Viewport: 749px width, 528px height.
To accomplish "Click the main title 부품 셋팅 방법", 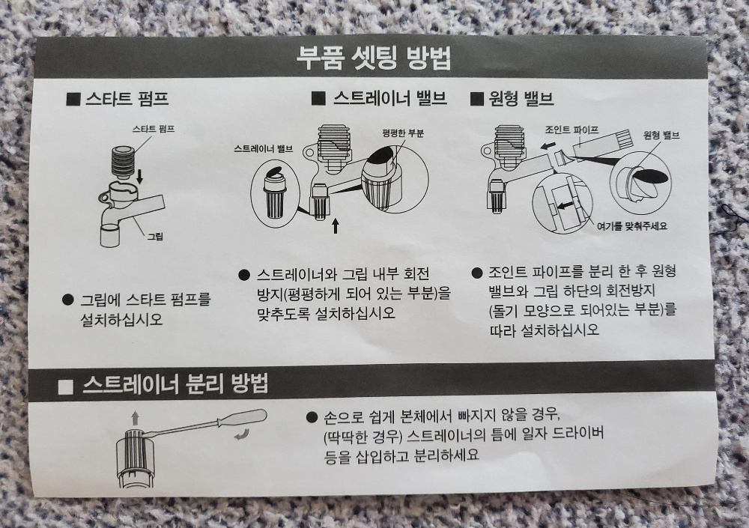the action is coord(374,58).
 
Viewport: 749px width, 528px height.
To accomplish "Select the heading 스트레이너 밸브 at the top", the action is coord(379,98).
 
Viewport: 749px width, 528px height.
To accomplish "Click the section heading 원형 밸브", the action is coord(512,98).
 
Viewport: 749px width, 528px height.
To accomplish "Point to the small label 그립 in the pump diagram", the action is coord(154,236).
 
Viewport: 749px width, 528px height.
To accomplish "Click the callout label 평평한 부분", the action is coord(403,133).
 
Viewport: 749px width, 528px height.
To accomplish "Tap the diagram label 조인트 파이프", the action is coord(571,130).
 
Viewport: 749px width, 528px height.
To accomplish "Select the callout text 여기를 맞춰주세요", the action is coord(631,226).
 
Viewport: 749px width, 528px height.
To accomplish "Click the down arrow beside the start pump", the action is coord(139,176).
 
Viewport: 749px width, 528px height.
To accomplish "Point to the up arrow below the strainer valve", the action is coord(336,225).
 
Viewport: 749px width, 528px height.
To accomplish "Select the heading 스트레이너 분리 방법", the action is coord(175,383).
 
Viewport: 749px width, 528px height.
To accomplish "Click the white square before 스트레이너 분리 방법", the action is coord(66,386).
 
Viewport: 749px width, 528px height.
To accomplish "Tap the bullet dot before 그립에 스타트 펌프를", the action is coord(68,300).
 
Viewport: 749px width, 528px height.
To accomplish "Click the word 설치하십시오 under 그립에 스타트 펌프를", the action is coord(122,320).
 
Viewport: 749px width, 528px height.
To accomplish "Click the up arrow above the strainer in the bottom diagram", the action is coord(135,418).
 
